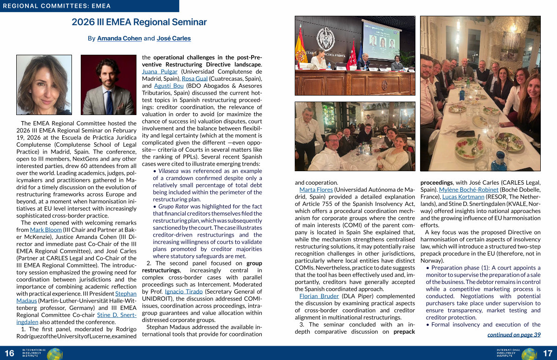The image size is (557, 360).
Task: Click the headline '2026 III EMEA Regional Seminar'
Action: (139, 22)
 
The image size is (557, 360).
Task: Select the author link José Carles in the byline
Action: (174, 39)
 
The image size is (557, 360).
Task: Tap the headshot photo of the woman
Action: (44, 84)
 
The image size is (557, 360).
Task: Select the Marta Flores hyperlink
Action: (316, 190)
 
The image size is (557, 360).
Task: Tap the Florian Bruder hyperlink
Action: (319, 296)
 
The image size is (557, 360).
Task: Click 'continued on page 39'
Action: (514, 334)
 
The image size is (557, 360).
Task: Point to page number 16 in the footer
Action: (9, 354)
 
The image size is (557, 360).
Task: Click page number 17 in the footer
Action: (547, 354)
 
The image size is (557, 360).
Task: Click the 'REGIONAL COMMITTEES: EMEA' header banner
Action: (89, 6)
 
